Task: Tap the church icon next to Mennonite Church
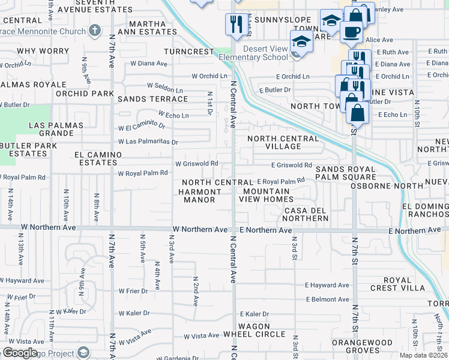94,29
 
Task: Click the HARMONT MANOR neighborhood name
200,196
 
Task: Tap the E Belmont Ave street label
327,299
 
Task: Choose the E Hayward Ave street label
327,286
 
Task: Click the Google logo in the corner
20,353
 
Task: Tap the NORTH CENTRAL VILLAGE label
284,142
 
